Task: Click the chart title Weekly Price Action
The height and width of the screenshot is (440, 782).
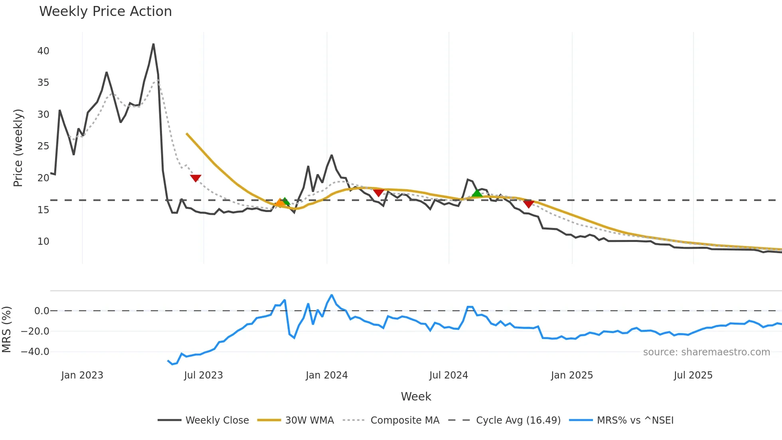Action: coord(105,12)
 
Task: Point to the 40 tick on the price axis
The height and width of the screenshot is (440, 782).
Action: coord(43,51)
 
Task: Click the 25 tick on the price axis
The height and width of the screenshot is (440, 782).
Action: coord(43,146)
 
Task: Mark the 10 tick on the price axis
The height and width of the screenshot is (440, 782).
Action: coord(43,242)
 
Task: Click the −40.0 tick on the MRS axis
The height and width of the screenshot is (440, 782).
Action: coord(35,352)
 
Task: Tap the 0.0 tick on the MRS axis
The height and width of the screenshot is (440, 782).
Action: coord(41,311)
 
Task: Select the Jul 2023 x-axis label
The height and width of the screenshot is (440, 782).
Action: coord(203,375)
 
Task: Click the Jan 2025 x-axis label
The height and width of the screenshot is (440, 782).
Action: coord(572,375)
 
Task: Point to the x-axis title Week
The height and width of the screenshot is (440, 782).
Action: coord(416,396)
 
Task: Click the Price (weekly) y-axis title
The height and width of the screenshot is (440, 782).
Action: coord(18,148)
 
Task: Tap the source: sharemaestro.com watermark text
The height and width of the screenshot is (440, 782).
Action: coord(706,352)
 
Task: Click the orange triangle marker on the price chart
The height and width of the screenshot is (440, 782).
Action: coord(280,203)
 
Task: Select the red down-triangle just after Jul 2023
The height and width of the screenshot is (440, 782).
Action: coord(195,178)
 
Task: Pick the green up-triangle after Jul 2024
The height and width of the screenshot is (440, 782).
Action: coord(477,193)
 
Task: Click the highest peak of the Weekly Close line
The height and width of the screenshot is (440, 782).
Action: coord(154,44)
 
